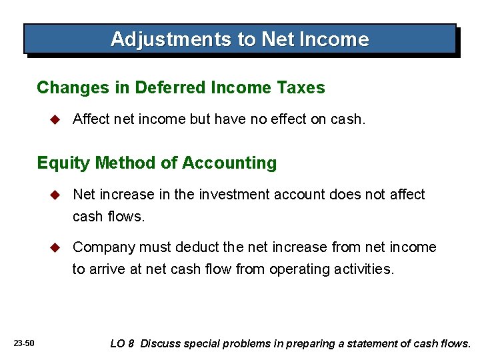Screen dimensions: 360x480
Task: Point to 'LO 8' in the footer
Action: point(122,344)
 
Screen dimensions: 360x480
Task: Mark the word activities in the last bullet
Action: point(365,269)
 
